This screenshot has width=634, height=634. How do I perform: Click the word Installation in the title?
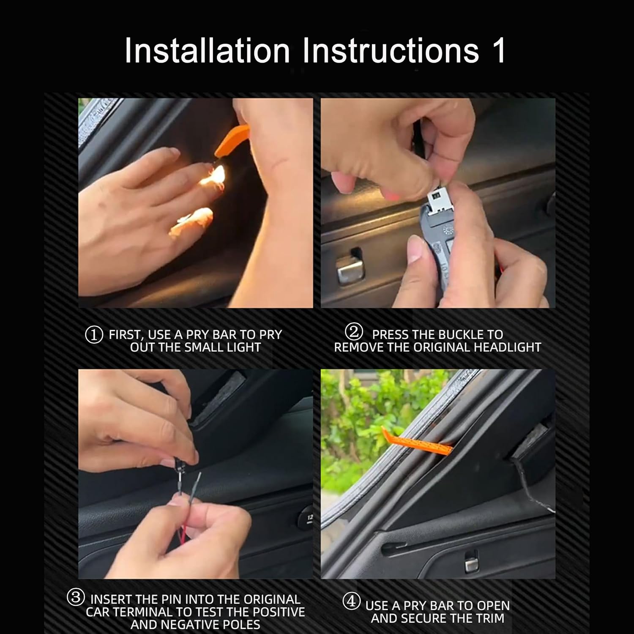pos(207,50)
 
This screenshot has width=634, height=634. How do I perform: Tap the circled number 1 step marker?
pos(94,335)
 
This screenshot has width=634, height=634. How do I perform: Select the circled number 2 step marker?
pos(354,332)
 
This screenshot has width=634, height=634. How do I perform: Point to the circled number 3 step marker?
pos(76,597)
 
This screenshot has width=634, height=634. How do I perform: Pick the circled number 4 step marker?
pos(351,601)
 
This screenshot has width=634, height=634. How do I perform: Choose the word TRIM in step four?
pos(490,618)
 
